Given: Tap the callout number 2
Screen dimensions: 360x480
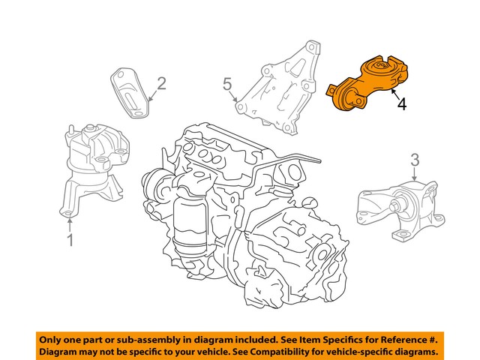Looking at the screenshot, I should point(160,83).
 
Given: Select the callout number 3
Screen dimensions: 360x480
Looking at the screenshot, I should point(415,159).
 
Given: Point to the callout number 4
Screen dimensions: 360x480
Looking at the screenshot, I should point(403,104).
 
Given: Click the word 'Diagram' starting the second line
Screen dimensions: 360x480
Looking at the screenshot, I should point(60,352).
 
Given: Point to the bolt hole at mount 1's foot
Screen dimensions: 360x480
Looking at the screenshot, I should point(68,217).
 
